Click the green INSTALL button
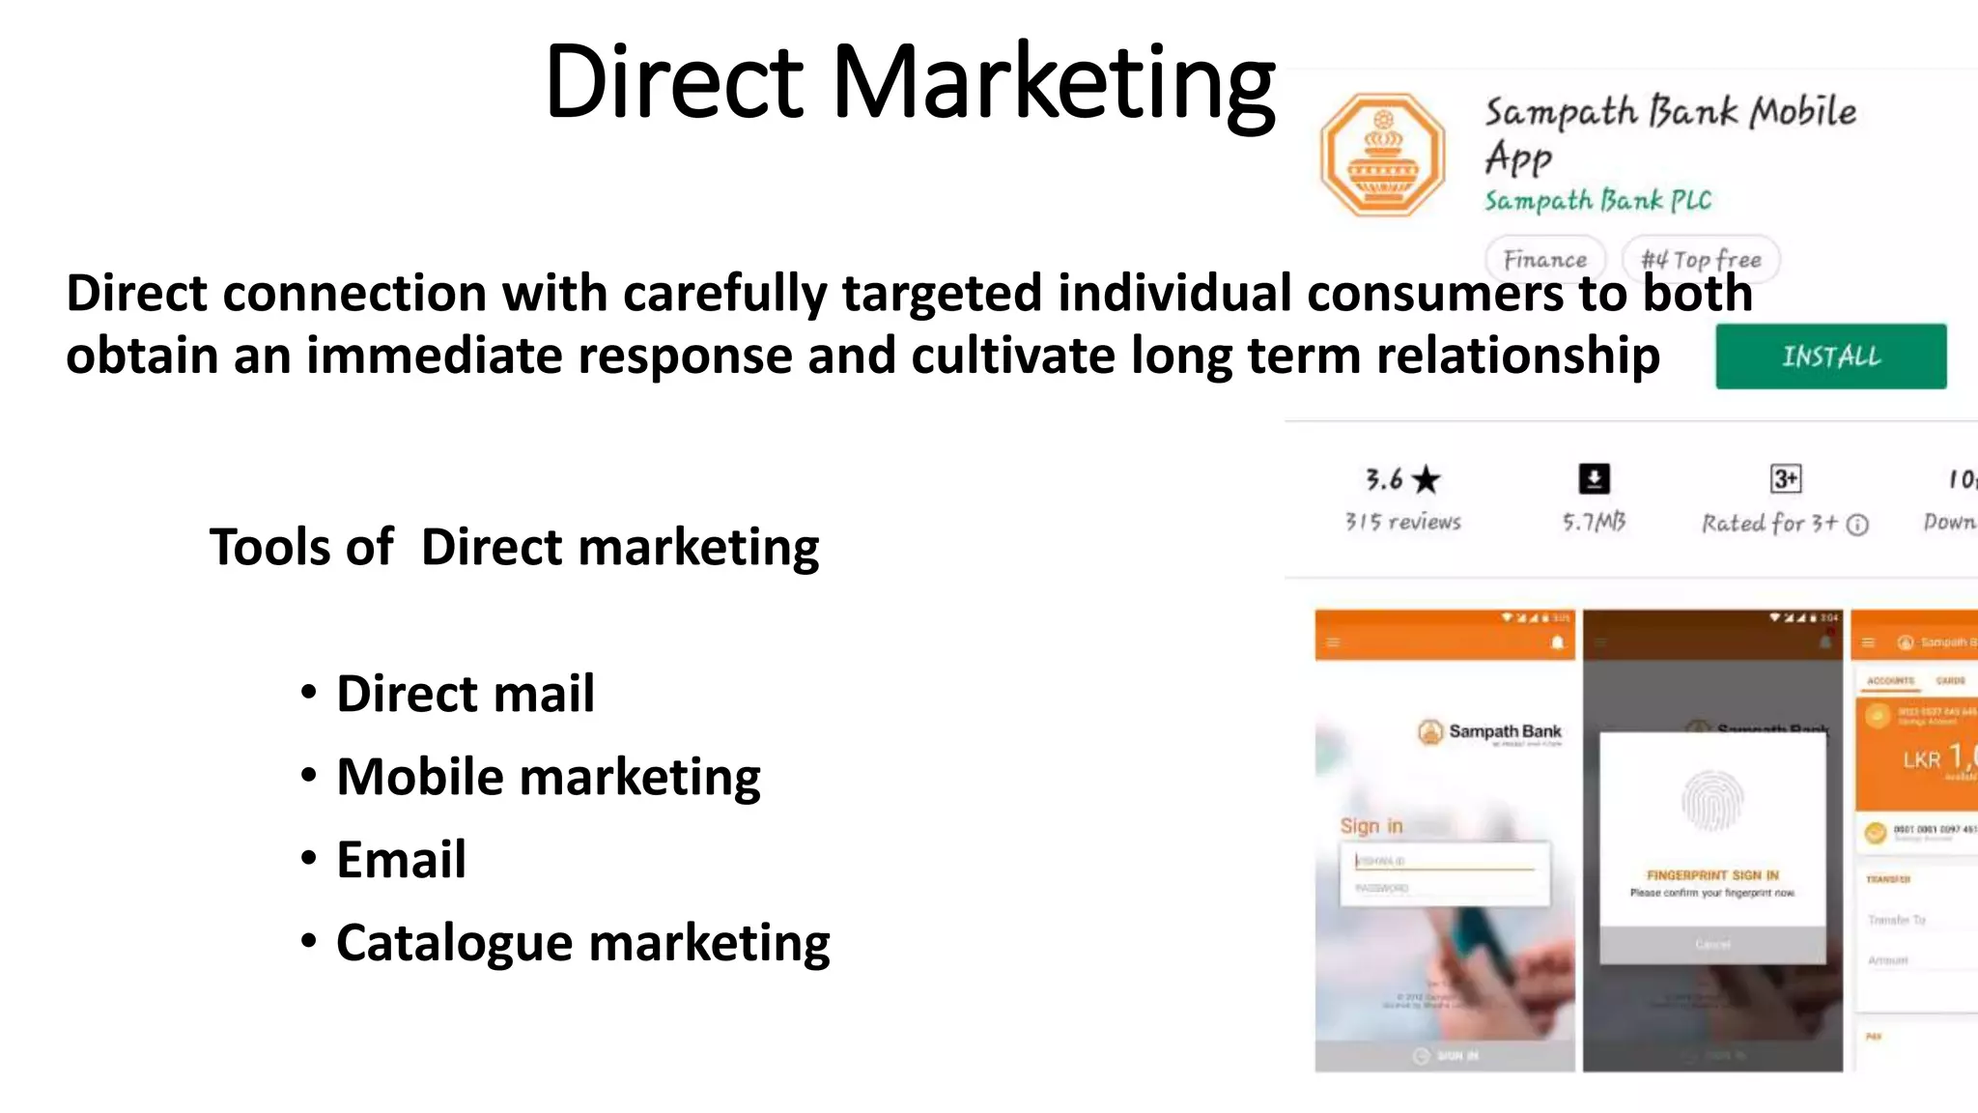[1830, 357]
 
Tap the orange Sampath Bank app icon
[1383, 155]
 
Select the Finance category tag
[1544, 259]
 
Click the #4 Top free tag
[1701, 259]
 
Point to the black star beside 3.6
[1426, 479]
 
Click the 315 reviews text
[1402, 522]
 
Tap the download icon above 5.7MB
[1594, 478]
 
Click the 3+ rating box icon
[1785, 478]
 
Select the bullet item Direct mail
[465, 694]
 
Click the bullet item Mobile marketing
[548, 777]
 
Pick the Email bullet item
[401, 860]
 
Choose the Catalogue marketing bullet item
[582, 943]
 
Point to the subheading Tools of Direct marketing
[514, 547]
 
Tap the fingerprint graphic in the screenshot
[1711, 801]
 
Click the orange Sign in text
[1370, 826]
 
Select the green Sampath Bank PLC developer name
[1597, 201]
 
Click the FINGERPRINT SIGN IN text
[1712, 875]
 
